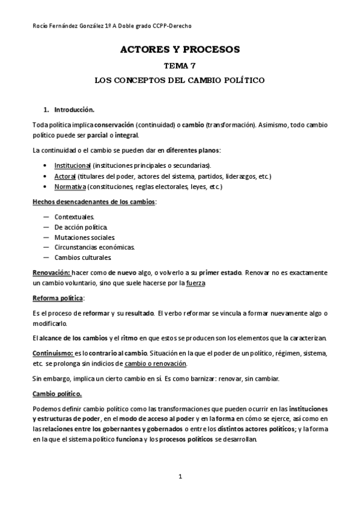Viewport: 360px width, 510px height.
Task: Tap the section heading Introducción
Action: pos(75,110)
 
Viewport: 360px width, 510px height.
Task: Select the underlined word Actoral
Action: pos(65,176)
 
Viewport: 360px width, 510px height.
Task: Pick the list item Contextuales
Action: pos(74,216)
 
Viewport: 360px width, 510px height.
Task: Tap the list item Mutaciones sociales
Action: pos(81,237)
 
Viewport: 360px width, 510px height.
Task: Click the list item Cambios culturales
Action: pos(82,257)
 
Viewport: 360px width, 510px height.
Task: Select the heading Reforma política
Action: pos(58,298)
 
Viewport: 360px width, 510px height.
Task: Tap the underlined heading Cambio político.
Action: pos(56,394)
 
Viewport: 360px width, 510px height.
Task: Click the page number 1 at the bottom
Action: pos(180,477)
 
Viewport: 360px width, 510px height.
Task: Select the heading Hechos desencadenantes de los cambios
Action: pos(93,201)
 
